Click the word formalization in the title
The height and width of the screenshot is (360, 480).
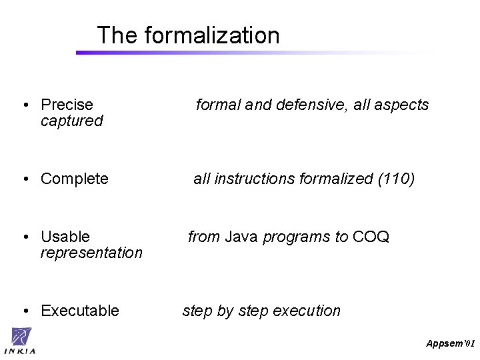pyautogui.click(x=212, y=35)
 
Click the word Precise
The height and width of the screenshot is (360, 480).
pyautogui.click(x=67, y=105)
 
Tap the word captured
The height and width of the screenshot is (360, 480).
pyautogui.click(x=71, y=121)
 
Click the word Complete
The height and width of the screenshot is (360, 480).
pyautogui.click(x=74, y=179)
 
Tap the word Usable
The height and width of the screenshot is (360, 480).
pyautogui.click(x=65, y=237)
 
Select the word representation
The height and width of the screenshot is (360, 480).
pyautogui.click(x=91, y=253)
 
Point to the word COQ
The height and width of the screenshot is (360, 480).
pyautogui.click(x=371, y=237)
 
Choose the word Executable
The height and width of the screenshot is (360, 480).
pyautogui.click(x=79, y=311)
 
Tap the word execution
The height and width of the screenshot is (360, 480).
pyautogui.click(x=309, y=311)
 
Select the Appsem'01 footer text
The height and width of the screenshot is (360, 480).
pyautogui.click(x=450, y=343)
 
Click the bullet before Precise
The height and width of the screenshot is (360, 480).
pyautogui.click(x=24, y=105)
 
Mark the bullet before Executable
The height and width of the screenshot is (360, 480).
pyautogui.click(x=24, y=311)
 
